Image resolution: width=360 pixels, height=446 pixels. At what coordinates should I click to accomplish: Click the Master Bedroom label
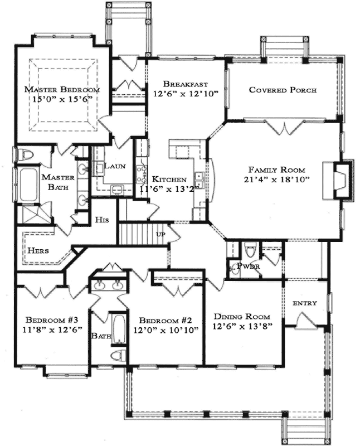[x=62, y=89]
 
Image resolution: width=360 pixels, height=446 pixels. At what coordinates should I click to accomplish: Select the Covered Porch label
[x=283, y=90]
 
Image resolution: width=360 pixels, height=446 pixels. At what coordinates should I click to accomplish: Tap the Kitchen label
[x=168, y=180]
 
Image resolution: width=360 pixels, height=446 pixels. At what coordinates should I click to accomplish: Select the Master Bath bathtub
[x=25, y=185]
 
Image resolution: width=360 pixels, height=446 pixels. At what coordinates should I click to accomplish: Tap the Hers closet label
[x=38, y=251]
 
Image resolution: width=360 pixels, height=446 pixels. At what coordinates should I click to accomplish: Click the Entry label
[x=305, y=303]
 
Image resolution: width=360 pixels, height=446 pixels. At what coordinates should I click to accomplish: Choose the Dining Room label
[x=242, y=316]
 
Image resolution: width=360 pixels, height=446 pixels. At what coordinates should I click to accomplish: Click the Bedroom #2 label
[x=166, y=321]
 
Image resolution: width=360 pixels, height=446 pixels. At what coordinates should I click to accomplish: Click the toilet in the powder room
[x=250, y=250]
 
